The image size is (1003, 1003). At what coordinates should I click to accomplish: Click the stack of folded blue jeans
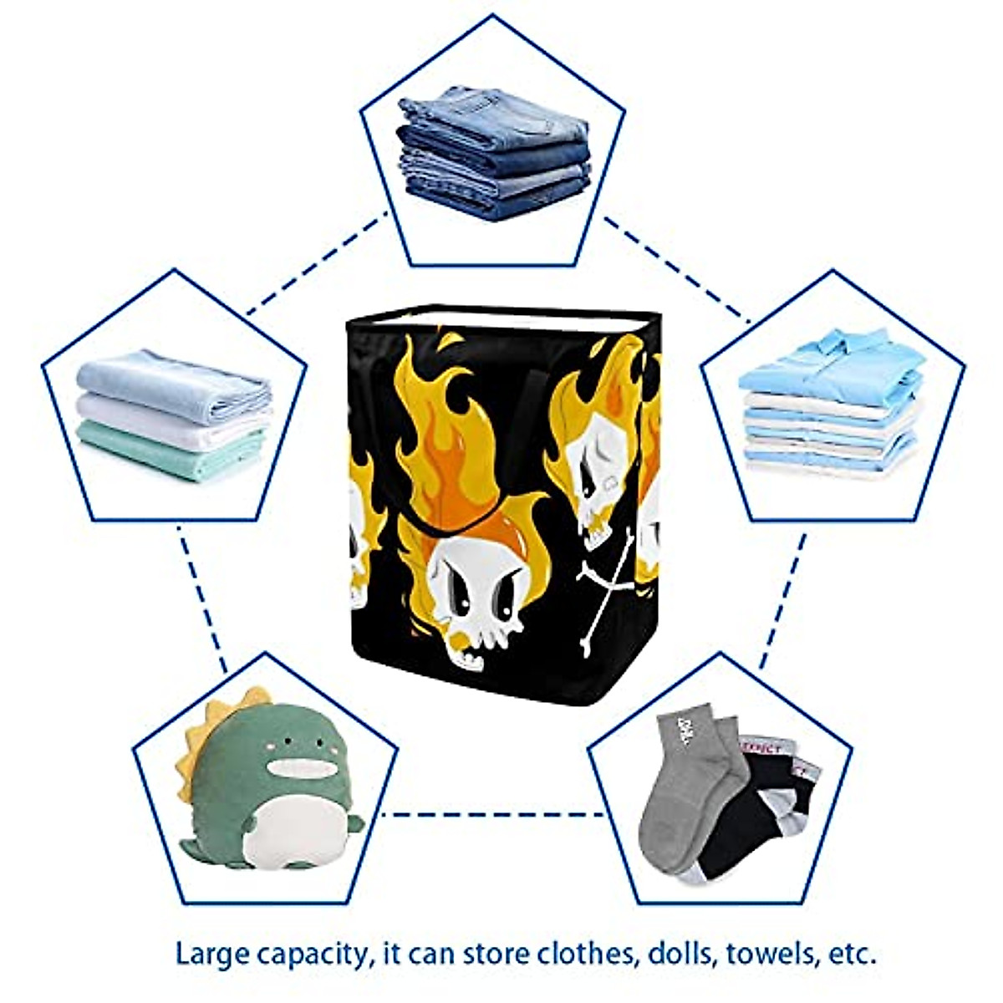pos(494,155)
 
